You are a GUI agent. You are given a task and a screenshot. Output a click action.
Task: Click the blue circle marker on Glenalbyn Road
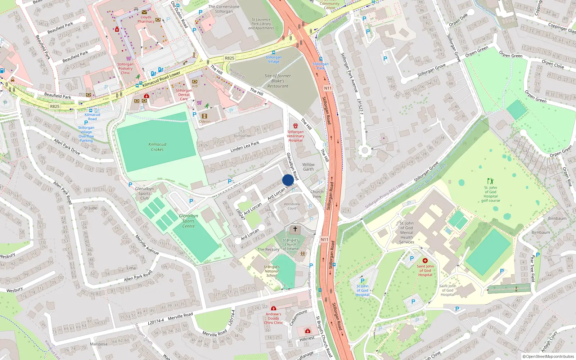coord(288,180)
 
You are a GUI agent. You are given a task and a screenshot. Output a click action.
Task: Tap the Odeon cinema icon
coord(204,116)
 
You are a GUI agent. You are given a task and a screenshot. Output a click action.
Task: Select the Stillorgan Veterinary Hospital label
coord(296,136)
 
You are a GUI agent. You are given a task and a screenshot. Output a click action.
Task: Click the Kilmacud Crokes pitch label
coord(157,147)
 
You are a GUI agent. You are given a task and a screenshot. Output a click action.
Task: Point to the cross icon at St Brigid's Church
coord(295,229)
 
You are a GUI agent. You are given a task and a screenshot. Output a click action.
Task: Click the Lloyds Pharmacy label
coord(146,19)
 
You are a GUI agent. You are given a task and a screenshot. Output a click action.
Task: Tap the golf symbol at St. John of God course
coord(490,181)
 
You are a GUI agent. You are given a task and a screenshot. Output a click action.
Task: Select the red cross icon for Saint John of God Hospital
coord(425,261)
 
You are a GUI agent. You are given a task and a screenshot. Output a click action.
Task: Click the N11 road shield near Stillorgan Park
coord(328,88)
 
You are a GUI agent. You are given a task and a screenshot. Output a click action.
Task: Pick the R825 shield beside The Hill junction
coord(229,58)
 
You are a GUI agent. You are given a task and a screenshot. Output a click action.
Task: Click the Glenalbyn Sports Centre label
coord(188,221)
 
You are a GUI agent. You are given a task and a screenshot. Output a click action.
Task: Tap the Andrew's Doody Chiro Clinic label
coord(273,318)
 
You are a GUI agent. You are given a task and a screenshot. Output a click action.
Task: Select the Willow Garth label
coord(308,167)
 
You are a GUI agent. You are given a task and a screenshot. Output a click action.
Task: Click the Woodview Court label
coord(292,206)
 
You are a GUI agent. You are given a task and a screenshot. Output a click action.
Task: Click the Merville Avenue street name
coord(147,245)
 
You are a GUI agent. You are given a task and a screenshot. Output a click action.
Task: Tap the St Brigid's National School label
coord(272,271)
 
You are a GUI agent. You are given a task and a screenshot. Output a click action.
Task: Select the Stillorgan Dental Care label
coord(184,95)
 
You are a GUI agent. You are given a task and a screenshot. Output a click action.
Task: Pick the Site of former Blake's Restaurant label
coord(278,81)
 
